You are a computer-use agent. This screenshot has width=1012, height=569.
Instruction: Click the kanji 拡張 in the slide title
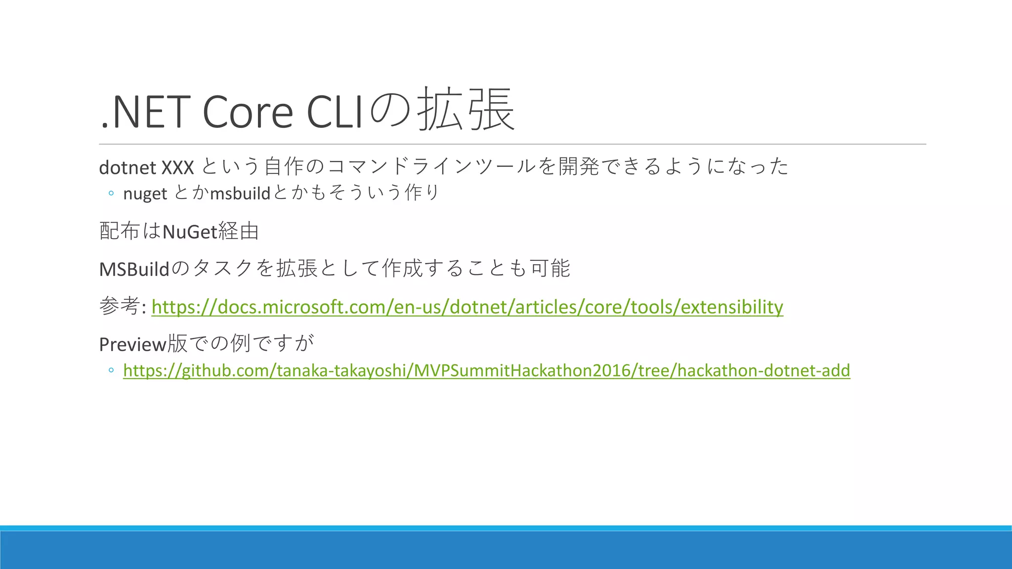(465, 110)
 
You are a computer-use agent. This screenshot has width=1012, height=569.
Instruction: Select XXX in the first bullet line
(177, 168)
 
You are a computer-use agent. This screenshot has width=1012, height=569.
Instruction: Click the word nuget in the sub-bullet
(145, 194)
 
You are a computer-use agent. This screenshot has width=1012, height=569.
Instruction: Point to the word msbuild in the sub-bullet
(240, 193)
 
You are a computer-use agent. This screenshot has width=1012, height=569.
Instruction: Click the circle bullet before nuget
(111, 194)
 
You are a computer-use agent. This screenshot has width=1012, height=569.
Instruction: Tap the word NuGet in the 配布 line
(190, 231)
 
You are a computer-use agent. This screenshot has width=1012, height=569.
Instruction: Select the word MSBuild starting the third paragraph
(134, 269)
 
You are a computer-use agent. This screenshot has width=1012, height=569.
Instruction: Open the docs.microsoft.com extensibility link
(467, 307)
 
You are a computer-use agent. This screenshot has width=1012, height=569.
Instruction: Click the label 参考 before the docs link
(119, 306)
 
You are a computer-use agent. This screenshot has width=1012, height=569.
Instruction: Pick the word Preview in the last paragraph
(132, 344)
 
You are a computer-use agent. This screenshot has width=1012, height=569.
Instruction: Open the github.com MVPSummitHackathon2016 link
(486, 370)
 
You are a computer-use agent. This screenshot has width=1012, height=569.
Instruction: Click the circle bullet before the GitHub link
(111, 370)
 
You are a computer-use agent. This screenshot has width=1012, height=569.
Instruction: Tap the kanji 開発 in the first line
(578, 166)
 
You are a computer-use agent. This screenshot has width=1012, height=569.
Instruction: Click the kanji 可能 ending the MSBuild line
(550, 268)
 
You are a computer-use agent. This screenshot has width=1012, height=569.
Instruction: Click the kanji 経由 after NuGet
(239, 231)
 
